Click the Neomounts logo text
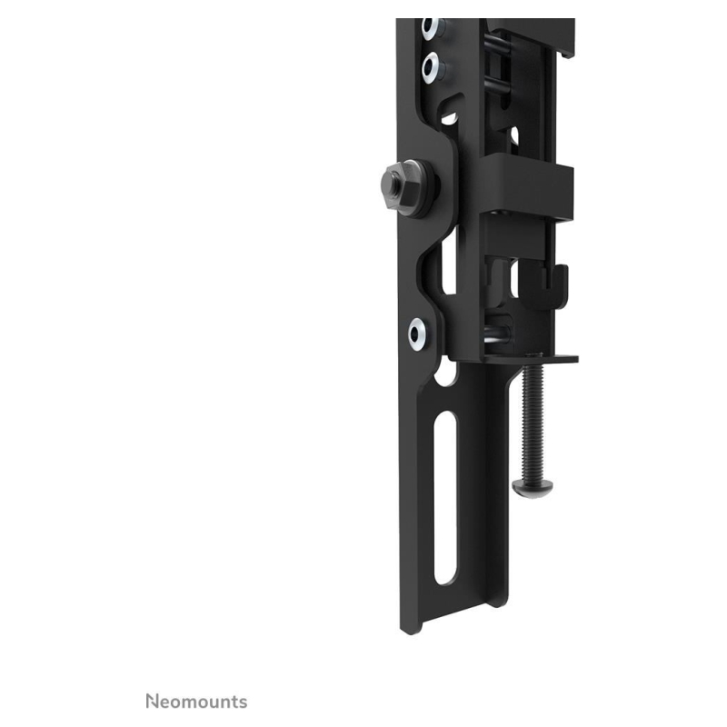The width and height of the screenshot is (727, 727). [196, 702]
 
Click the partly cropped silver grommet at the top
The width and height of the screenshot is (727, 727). [430, 27]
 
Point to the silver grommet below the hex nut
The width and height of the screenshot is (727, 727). [419, 334]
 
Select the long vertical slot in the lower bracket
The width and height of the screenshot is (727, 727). [445, 498]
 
